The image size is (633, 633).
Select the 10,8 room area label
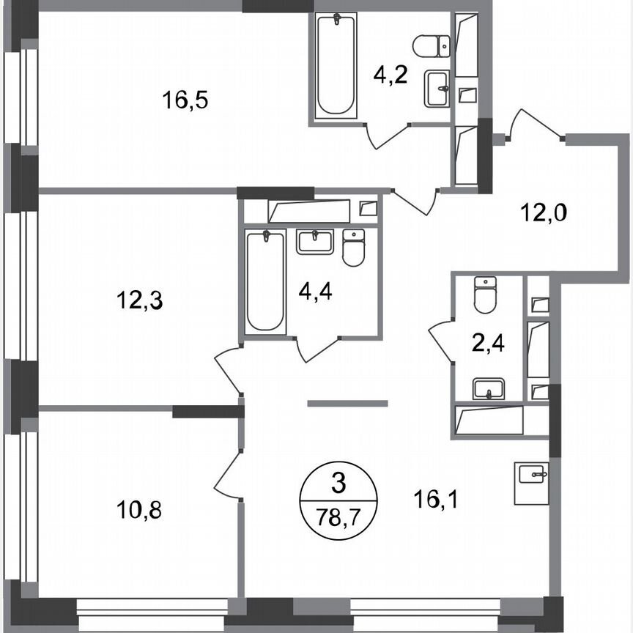coord(138,508)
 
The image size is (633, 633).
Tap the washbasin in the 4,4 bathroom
coord(315,241)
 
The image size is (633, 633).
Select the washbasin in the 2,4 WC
coord(487,388)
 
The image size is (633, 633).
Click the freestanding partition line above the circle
coord(347,403)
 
